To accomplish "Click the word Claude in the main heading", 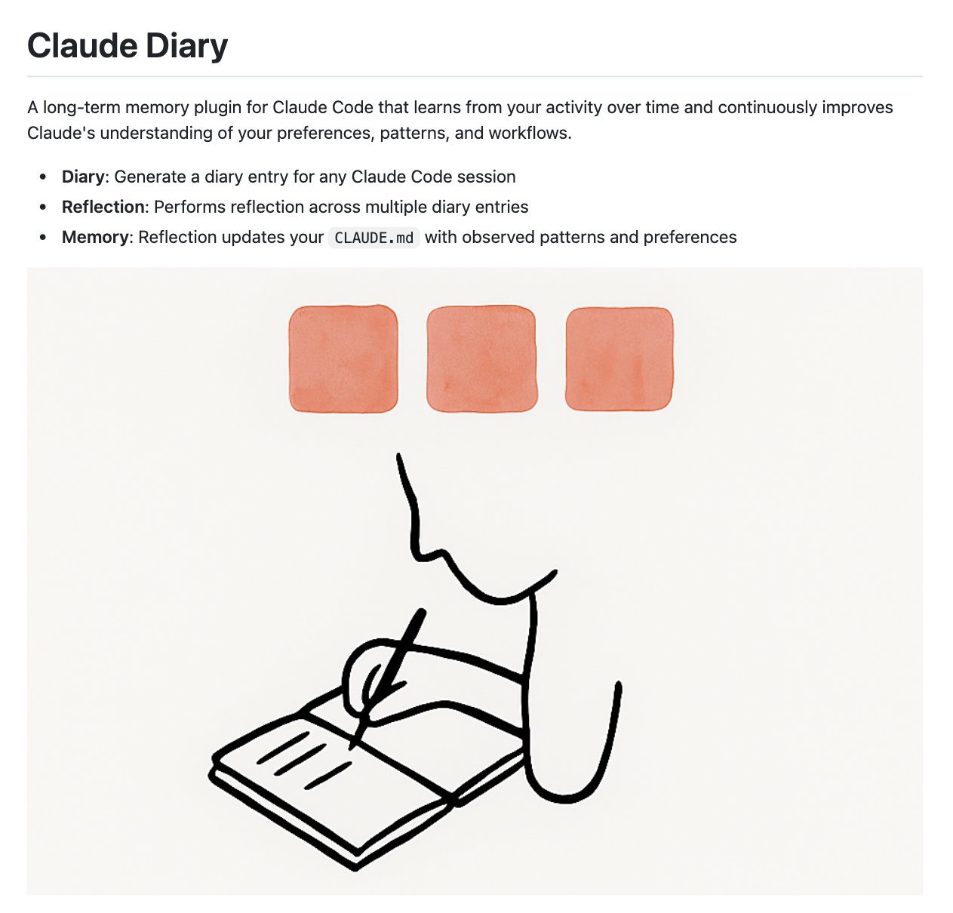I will [82, 46].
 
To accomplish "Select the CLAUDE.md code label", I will [374, 238].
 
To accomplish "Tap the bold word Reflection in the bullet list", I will [103, 207].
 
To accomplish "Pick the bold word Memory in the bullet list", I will [95, 237].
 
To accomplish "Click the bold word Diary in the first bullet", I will [83, 177].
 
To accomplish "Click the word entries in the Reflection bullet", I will [501, 207].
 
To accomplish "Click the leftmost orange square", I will [343, 358].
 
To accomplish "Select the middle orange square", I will [481, 358].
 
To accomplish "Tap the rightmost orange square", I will [619, 358].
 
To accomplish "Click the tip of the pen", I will [352, 746].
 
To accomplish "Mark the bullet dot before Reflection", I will [44, 207].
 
